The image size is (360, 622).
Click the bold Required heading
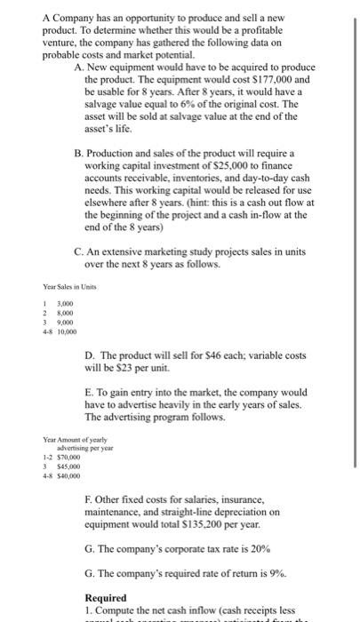[106, 597]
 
